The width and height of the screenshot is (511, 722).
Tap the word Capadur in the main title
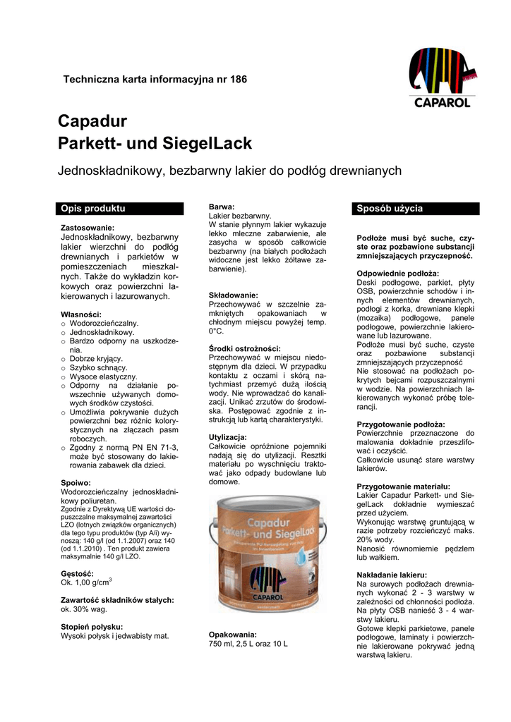click(x=92, y=121)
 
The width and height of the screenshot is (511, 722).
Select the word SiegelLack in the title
click(x=208, y=144)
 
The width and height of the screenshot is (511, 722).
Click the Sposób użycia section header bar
click(x=416, y=209)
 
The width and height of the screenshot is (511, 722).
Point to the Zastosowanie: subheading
click(x=88, y=228)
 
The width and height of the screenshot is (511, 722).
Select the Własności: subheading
click(x=82, y=314)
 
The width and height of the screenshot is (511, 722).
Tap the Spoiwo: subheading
click(x=76, y=482)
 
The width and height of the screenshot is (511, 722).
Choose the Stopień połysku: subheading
click(x=92, y=626)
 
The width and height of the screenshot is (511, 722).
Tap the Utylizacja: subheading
click(x=228, y=437)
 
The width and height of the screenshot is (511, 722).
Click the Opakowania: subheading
click(x=233, y=635)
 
